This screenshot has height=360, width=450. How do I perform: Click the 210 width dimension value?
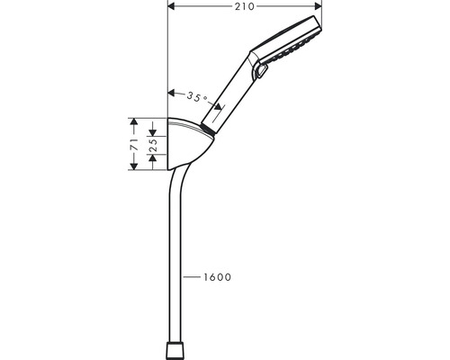(x=245, y=6)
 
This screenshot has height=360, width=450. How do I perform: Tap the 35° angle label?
(x=197, y=97)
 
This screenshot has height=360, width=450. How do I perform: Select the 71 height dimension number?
(x=134, y=144)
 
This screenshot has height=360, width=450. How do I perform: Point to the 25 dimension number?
(x=153, y=145)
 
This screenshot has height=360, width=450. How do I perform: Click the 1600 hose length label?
(x=218, y=277)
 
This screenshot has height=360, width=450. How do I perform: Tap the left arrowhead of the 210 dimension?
(x=171, y=6)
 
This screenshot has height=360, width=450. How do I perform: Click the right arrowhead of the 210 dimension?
(x=318, y=6)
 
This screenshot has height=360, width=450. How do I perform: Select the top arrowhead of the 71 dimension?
(x=134, y=121)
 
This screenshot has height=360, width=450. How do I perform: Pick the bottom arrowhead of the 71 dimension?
(x=134, y=166)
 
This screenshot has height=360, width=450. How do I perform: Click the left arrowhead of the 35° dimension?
(x=171, y=93)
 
